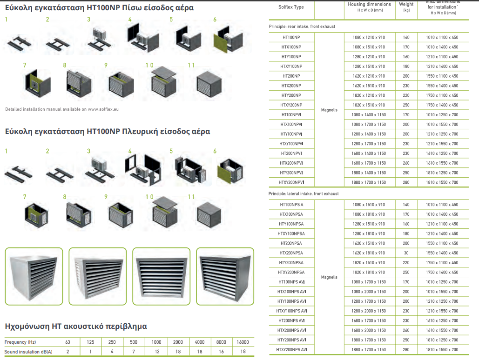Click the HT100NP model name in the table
(291, 37)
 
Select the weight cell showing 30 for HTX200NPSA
(406, 253)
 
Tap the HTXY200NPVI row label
(291, 182)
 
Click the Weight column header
(406, 7)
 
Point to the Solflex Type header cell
(291, 7)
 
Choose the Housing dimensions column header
(369, 7)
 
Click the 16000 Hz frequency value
(243, 342)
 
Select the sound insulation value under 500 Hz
(133, 352)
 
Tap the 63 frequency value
(68, 342)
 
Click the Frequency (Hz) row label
(20, 342)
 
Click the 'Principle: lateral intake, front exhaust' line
(304, 193)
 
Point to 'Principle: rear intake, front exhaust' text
(302, 27)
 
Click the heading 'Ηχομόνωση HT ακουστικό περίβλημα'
(76, 327)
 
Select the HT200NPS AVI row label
(291, 320)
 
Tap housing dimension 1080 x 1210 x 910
(369, 37)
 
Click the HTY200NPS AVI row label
(291, 340)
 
